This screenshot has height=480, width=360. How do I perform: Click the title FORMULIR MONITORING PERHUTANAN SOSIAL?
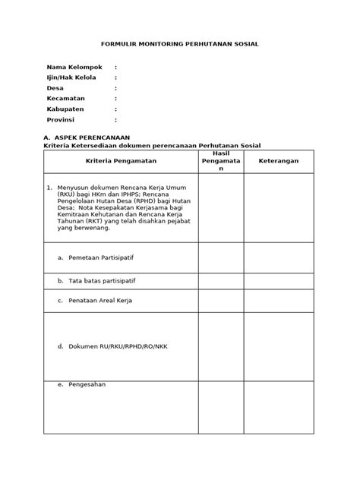[180, 44]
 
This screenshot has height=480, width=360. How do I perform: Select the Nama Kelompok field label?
[75, 67]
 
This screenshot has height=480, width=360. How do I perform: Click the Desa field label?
[57, 88]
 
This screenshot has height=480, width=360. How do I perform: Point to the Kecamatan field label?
[66, 99]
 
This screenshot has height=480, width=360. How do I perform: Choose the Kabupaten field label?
[65, 109]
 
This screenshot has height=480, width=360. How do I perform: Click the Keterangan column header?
[279, 162]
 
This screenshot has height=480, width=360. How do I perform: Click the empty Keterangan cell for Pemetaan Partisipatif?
[279, 257]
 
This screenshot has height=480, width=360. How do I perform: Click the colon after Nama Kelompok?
[115, 67]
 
